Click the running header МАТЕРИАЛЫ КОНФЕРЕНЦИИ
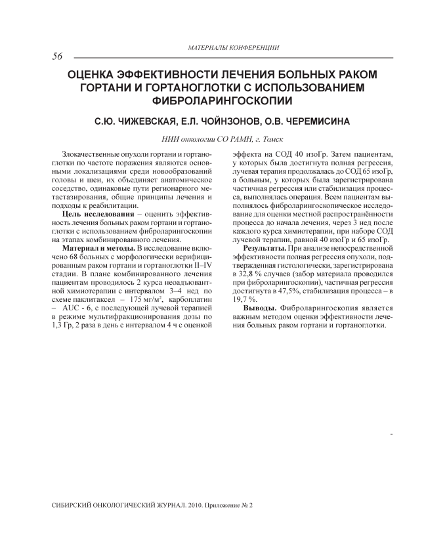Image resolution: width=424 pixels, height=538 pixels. pyautogui.click(x=232, y=48)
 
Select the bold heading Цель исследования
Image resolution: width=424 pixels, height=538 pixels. pyautogui.click(x=93, y=214)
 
